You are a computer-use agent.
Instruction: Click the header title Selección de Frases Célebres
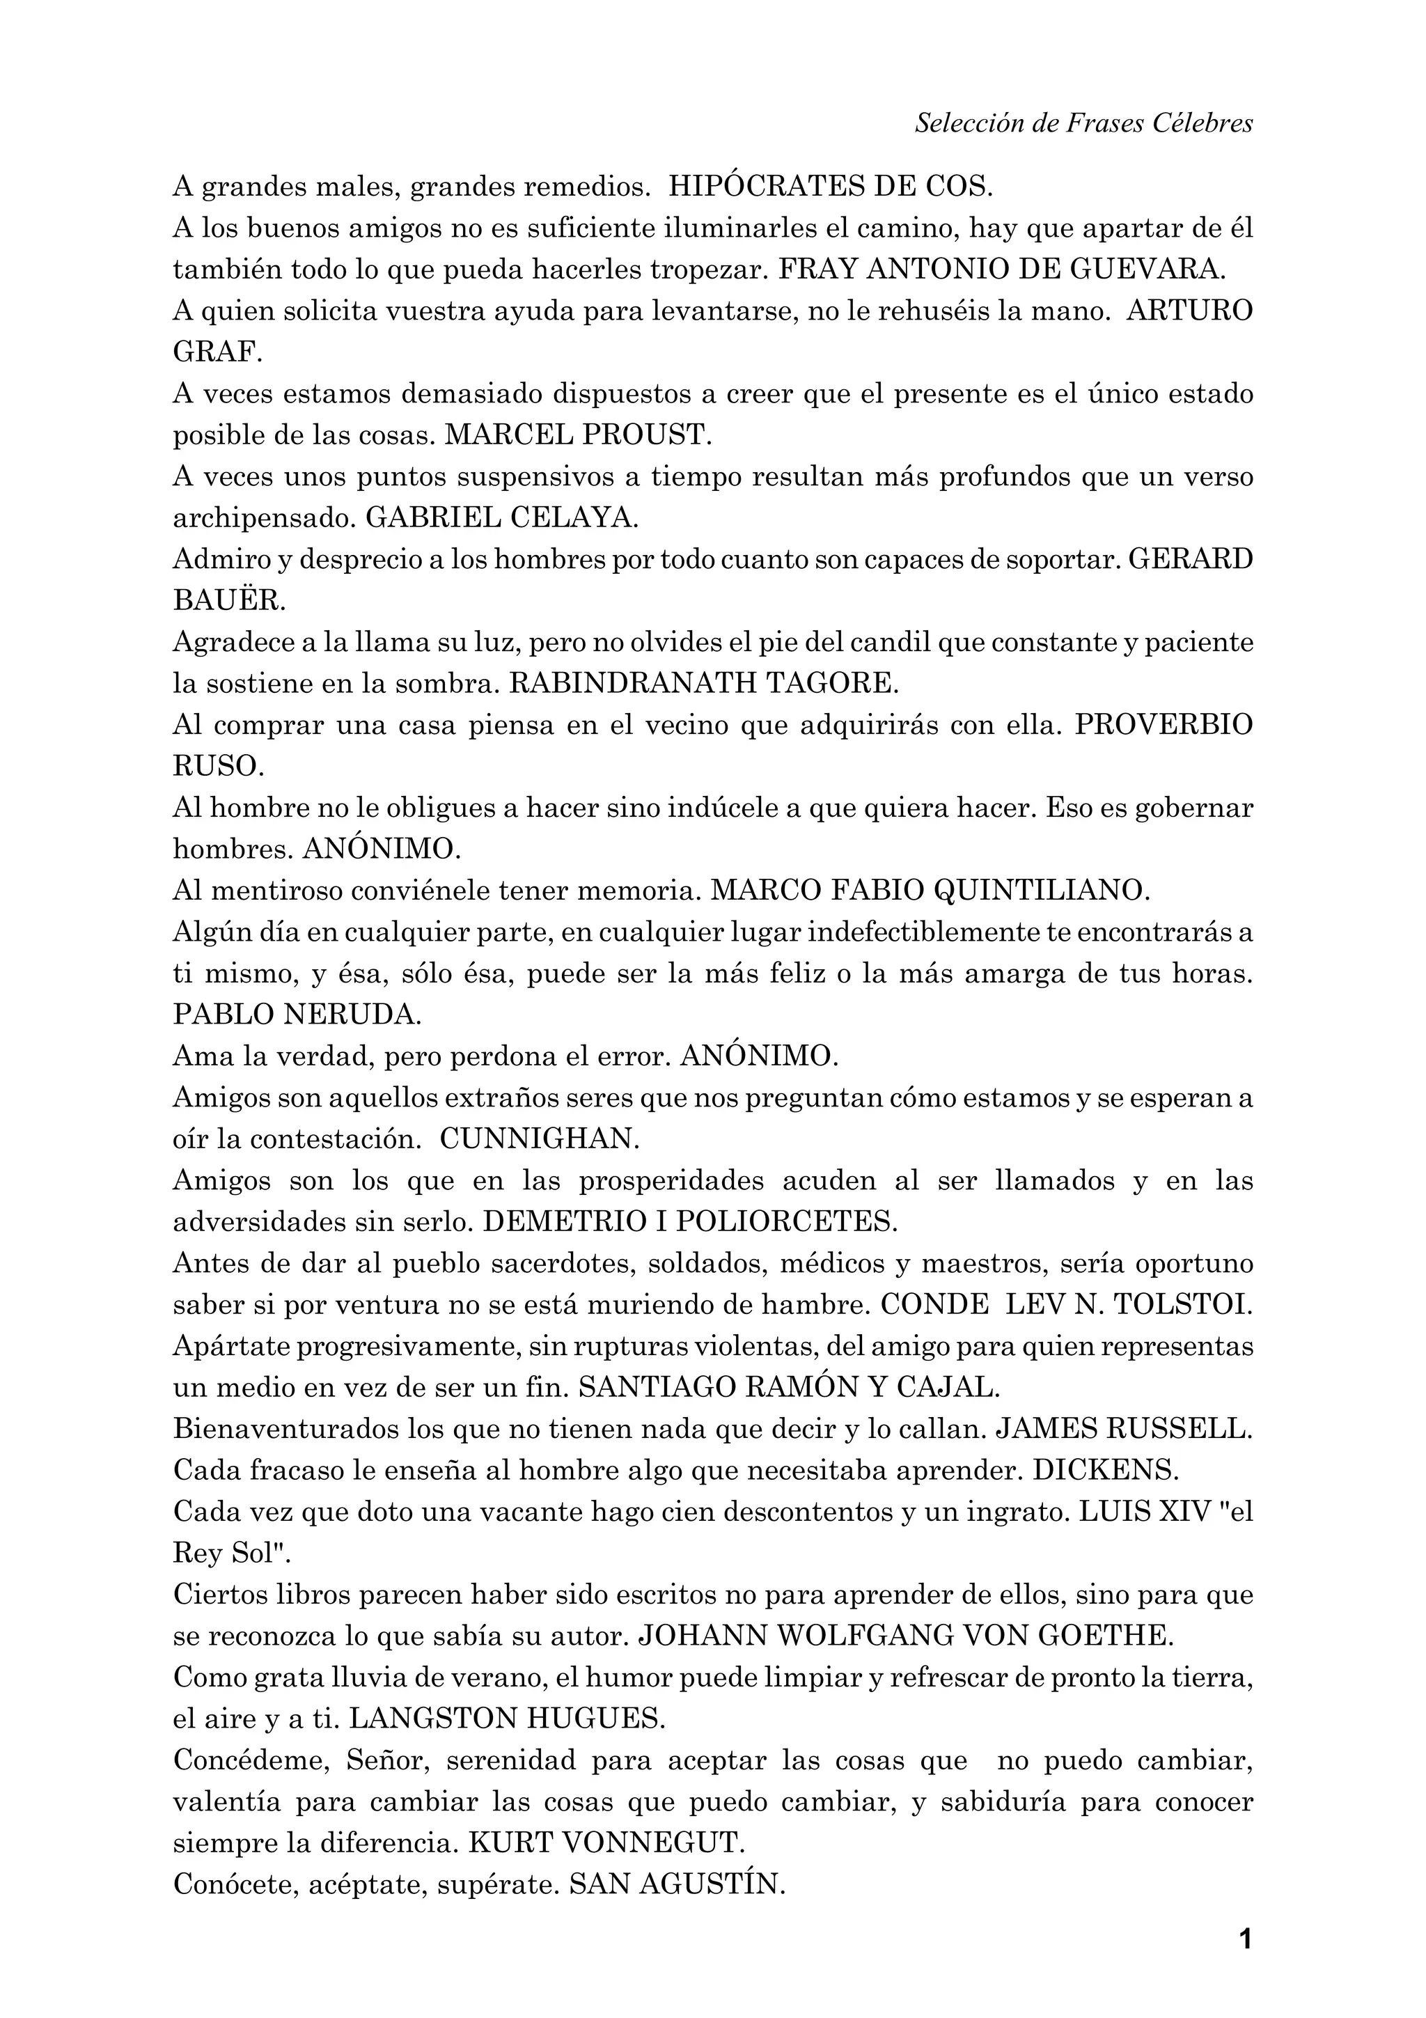[x=1083, y=123]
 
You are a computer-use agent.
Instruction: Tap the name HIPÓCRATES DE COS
[x=830, y=187]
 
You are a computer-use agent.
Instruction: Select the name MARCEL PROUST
[x=577, y=435]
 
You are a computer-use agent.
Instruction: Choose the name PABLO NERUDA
[x=297, y=1015]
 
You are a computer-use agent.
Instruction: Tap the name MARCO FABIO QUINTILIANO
[x=930, y=891]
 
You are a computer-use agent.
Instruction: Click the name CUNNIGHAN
[x=540, y=1140]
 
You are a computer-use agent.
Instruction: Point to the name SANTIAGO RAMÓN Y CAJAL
[x=789, y=1388]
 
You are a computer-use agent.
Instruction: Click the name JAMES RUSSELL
[x=1123, y=1429]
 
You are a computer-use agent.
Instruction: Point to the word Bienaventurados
[x=286, y=1429]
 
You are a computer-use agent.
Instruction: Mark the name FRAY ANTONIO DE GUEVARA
[x=1002, y=269]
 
